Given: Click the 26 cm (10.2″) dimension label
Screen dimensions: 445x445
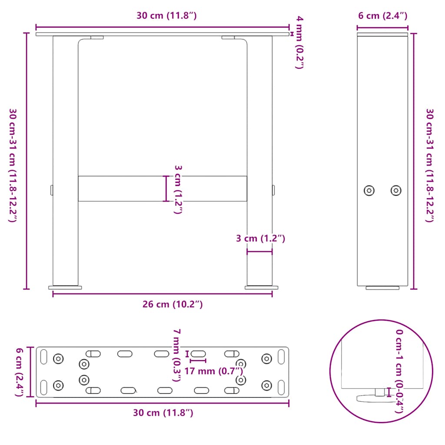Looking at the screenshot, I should (173, 304).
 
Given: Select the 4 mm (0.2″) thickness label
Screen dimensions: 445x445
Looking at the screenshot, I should (299, 42).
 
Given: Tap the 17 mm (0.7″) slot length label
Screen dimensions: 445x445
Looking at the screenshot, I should (213, 371).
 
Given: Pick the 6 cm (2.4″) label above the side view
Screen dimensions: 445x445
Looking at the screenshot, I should (382, 16).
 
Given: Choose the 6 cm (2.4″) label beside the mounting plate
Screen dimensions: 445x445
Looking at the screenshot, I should (19, 372).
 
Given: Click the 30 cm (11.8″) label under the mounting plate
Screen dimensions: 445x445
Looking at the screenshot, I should (163, 412).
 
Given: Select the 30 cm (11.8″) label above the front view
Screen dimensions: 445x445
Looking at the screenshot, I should (166, 16).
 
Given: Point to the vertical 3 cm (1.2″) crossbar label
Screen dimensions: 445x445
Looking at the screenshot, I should (177, 189).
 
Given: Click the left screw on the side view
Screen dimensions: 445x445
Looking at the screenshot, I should (369, 190).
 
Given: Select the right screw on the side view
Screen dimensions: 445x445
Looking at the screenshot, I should (395, 190).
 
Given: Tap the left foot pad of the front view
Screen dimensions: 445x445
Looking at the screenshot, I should (65, 287).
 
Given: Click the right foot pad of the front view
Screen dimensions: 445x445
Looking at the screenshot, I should (262, 287).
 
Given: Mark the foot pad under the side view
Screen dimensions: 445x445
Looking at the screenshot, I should (382, 288).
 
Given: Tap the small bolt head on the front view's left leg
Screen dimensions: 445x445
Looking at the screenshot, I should (51, 190).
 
